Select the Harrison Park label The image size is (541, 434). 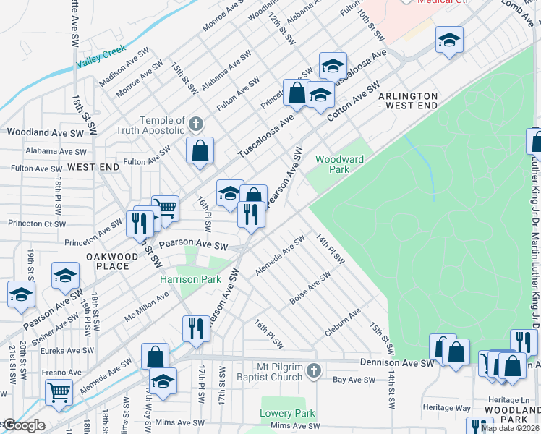(190, 279)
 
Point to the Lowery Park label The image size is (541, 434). (288, 414)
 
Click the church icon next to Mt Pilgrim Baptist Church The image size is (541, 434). (312, 372)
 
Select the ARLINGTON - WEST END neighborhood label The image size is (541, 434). (408, 101)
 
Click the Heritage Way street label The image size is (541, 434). (448, 408)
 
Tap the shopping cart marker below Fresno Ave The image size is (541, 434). (59, 393)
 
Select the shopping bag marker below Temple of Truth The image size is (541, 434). (200, 151)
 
